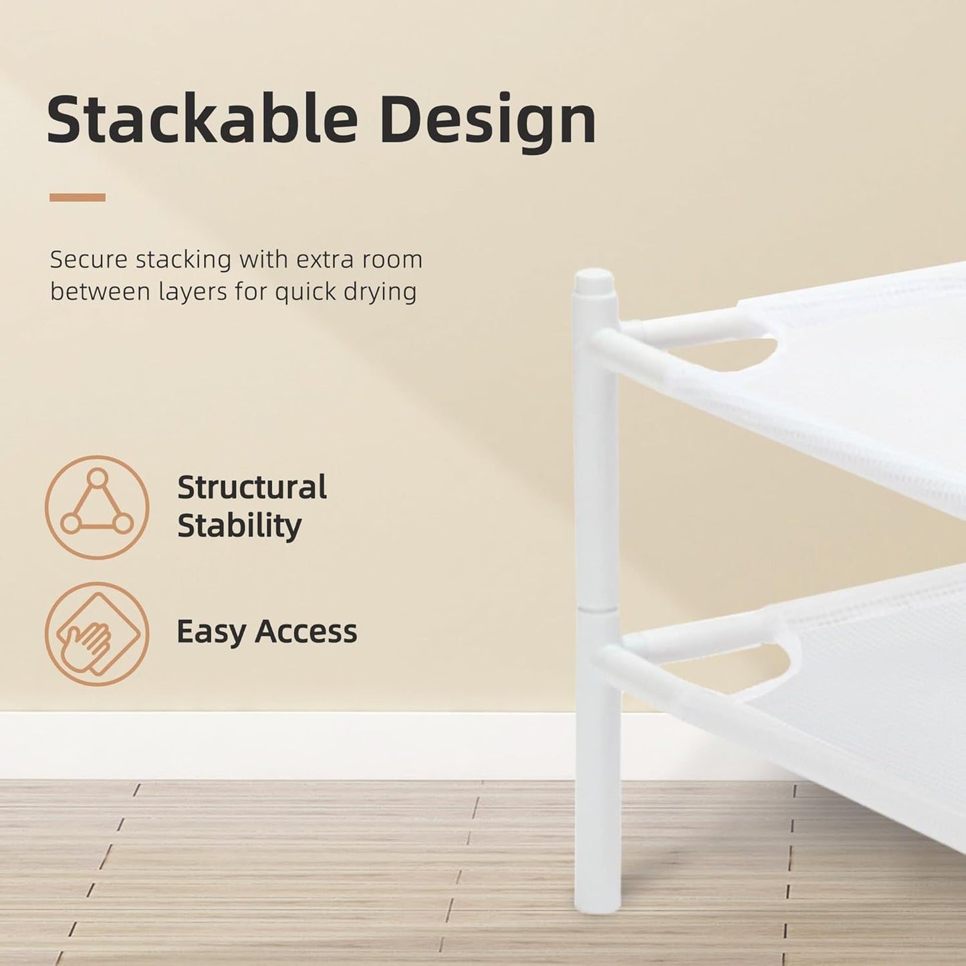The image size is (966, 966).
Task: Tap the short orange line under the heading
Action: click(x=78, y=197)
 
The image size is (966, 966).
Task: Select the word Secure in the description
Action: click(x=89, y=259)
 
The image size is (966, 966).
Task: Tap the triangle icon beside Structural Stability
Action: click(x=97, y=507)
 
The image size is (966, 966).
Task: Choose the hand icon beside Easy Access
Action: click(x=97, y=634)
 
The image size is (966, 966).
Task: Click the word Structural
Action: click(x=252, y=487)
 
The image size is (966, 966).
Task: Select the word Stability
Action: click(x=239, y=525)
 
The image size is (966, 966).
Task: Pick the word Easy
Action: click(x=209, y=632)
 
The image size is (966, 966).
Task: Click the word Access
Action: click(x=306, y=631)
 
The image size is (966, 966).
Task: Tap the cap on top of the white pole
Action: click(x=595, y=281)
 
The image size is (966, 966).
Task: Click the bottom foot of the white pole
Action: click(x=598, y=899)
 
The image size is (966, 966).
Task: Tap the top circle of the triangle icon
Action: click(x=98, y=478)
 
